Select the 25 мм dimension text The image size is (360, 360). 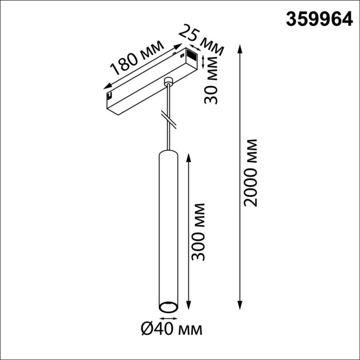(201, 41)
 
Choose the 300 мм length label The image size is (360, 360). (200, 231)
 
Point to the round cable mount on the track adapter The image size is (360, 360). (168, 81)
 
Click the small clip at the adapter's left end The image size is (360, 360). (110, 95)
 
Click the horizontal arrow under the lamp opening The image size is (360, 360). (168, 316)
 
